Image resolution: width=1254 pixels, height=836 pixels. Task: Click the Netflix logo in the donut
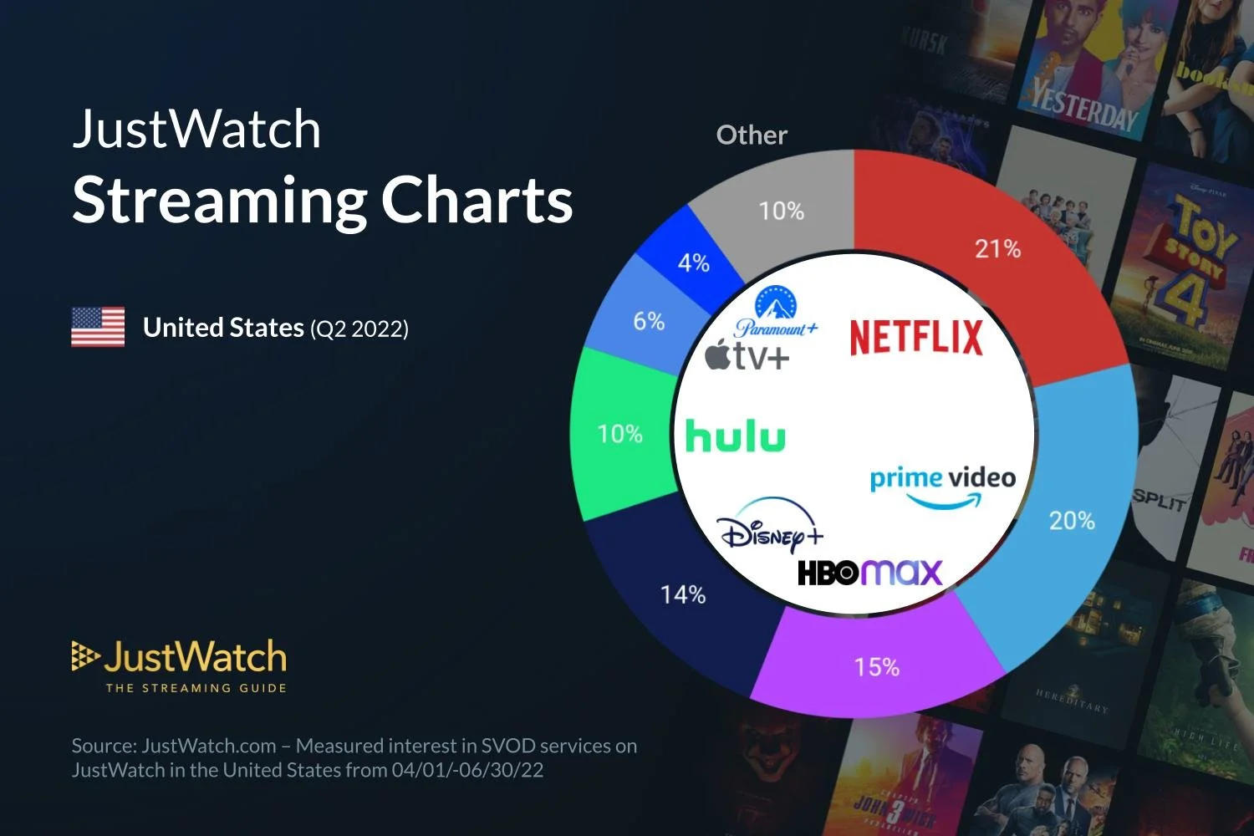[916, 337]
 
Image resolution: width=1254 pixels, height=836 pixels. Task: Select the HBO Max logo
[869, 573]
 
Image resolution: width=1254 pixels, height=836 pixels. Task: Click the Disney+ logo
[769, 527]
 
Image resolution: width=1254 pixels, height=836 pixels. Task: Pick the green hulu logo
[735, 436]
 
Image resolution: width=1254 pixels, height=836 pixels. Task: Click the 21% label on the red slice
[997, 248]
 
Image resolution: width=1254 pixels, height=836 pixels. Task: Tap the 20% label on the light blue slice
[1071, 520]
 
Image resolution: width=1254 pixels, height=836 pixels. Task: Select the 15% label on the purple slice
[876, 667]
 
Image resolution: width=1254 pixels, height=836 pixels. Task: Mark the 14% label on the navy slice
[683, 594]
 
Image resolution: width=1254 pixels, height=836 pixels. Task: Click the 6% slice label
[649, 321]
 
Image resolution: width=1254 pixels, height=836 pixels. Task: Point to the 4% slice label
[693, 263]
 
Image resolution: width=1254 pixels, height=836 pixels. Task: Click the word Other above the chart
[752, 135]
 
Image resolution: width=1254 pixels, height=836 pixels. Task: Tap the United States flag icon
[98, 327]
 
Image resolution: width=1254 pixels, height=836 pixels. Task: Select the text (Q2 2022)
[359, 329]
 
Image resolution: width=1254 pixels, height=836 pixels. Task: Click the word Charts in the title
[477, 201]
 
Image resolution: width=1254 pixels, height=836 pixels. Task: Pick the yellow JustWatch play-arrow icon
[84, 656]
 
